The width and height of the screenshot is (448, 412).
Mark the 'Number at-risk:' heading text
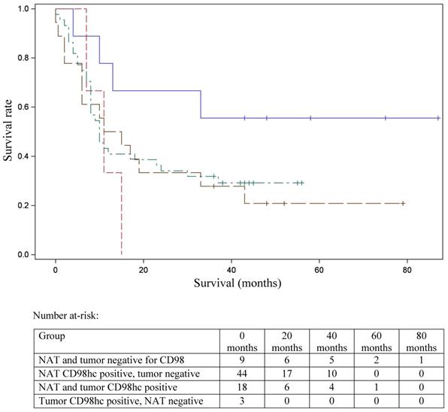click(x=65, y=315)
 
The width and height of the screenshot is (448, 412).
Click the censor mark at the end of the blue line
click(x=438, y=118)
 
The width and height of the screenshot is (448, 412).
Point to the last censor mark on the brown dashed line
click(x=404, y=204)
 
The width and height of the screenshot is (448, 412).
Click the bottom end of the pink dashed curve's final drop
click(x=122, y=254)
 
